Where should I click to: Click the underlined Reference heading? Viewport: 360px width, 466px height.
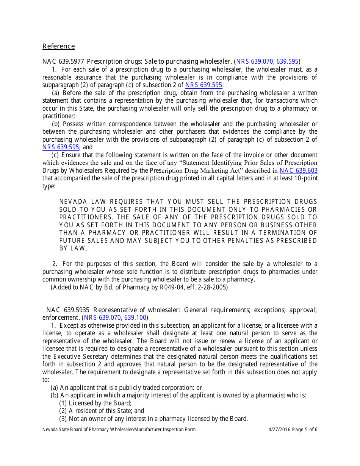pos(58,46)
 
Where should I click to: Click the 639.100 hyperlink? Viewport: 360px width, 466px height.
pos(135,317)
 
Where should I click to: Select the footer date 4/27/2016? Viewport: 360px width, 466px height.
pos(279,429)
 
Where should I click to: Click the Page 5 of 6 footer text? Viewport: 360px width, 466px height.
pos(305,429)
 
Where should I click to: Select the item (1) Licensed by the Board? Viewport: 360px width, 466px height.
pos(95,403)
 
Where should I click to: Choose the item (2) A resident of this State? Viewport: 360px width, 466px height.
pos(102,411)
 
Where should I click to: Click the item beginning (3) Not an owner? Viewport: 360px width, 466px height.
pos(153,419)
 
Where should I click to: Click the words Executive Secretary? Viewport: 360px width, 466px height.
pos(80,357)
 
